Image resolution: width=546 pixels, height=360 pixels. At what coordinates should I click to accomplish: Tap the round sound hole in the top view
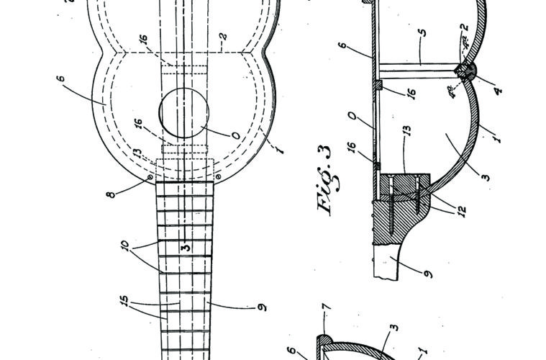pyautogui.click(x=184, y=112)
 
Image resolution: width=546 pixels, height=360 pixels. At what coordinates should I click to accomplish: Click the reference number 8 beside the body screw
pyautogui.click(x=111, y=194)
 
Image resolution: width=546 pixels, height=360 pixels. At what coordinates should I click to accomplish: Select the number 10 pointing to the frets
pyautogui.click(x=125, y=245)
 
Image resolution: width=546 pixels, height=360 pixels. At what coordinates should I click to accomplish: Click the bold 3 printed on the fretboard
pyautogui.click(x=186, y=247)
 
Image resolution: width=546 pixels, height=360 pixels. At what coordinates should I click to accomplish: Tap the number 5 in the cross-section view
pyautogui.click(x=422, y=33)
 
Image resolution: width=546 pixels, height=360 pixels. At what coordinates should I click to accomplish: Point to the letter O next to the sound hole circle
pyautogui.click(x=236, y=135)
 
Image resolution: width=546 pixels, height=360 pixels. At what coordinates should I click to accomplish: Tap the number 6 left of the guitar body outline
pyautogui.click(x=60, y=78)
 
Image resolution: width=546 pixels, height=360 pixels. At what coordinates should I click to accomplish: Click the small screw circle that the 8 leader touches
pyautogui.click(x=150, y=177)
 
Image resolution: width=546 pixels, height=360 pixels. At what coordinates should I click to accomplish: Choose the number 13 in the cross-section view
pyautogui.click(x=407, y=130)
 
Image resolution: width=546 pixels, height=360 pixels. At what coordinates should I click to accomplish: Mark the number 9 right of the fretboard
pyautogui.click(x=262, y=307)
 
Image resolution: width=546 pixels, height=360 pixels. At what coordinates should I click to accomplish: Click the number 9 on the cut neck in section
pyautogui.click(x=428, y=274)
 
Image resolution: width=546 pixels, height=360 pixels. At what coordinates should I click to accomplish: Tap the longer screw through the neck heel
pyautogui.click(x=391, y=206)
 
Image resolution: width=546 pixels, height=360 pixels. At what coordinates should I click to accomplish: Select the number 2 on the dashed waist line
pyautogui.click(x=223, y=36)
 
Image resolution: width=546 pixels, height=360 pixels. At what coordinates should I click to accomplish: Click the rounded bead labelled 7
pyautogui.click(x=324, y=339)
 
